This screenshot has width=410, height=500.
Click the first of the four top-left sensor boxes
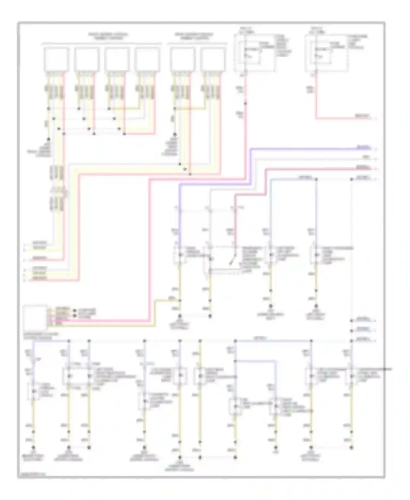point(57,59)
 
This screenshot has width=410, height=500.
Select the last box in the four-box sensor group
point(147,59)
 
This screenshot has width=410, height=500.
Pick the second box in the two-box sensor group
point(213,59)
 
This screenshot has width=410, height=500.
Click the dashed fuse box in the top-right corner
point(327,53)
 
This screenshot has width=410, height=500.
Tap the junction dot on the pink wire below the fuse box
point(245,103)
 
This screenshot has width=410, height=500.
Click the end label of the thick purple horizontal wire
point(364,148)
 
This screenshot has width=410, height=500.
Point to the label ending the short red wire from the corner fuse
point(362,116)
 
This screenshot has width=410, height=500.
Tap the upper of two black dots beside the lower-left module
point(75,311)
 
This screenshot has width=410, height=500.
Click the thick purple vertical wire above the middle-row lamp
point(180,213)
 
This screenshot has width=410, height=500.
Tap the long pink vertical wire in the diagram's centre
point(150,246)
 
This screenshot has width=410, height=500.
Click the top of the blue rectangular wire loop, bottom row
point(256,361)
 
